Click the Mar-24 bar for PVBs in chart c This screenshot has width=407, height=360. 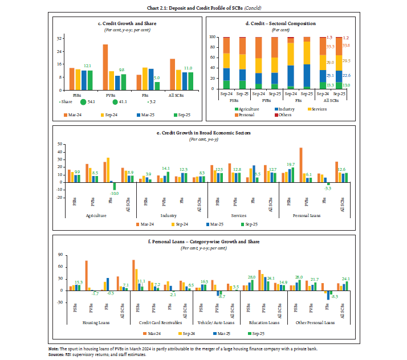pyautogui.click(x=105, y=67)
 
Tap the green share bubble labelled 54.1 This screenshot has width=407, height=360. pyautogui.click(x=84, y=102)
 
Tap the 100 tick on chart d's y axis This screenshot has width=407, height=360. pyautogui.click(x=211, y=36)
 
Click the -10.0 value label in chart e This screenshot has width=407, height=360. pyautogui.click(x=115, y=194)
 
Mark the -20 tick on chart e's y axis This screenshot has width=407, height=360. pyautogui.click(x=58, y=198)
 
